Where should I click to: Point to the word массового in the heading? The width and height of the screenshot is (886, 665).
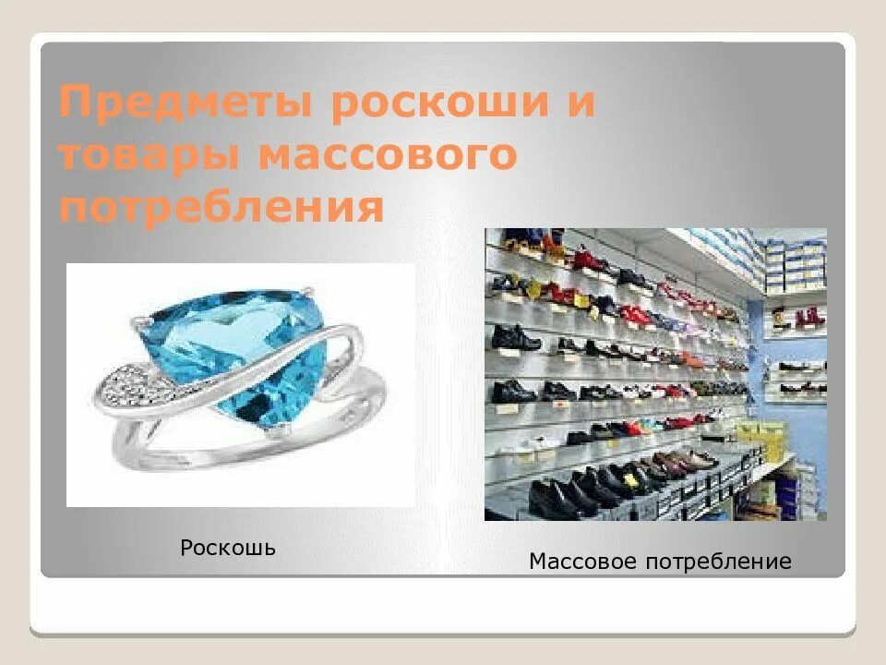[x=387, y=156]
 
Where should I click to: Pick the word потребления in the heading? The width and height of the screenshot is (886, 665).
[x=221, y=207]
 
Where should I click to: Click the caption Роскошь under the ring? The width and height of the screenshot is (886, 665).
[x=228, y=548]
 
